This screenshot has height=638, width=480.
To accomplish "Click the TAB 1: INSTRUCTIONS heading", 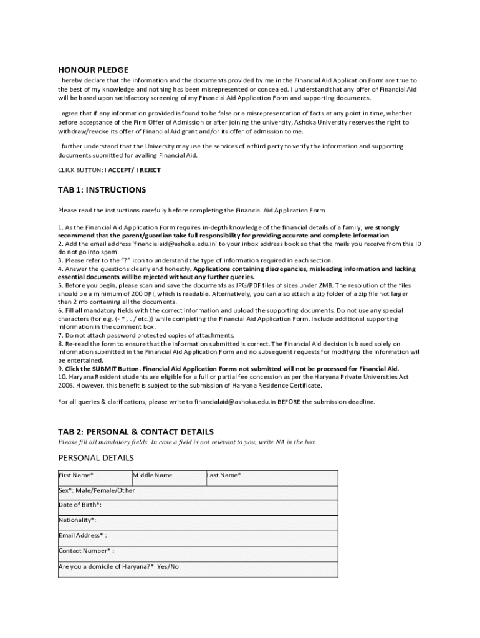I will coord(102,189).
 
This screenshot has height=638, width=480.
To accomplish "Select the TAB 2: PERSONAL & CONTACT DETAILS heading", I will coord(135,431).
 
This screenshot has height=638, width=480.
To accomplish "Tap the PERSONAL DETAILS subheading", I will coord(95,458).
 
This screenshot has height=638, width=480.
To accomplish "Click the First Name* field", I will coord(94,478).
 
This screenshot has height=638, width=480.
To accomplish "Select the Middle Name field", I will coord(168,478).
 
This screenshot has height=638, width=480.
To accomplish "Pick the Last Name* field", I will coord(272,478).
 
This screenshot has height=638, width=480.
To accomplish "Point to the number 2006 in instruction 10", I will coord(66,386).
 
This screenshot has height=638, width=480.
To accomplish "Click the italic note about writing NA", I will coord(187,442).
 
